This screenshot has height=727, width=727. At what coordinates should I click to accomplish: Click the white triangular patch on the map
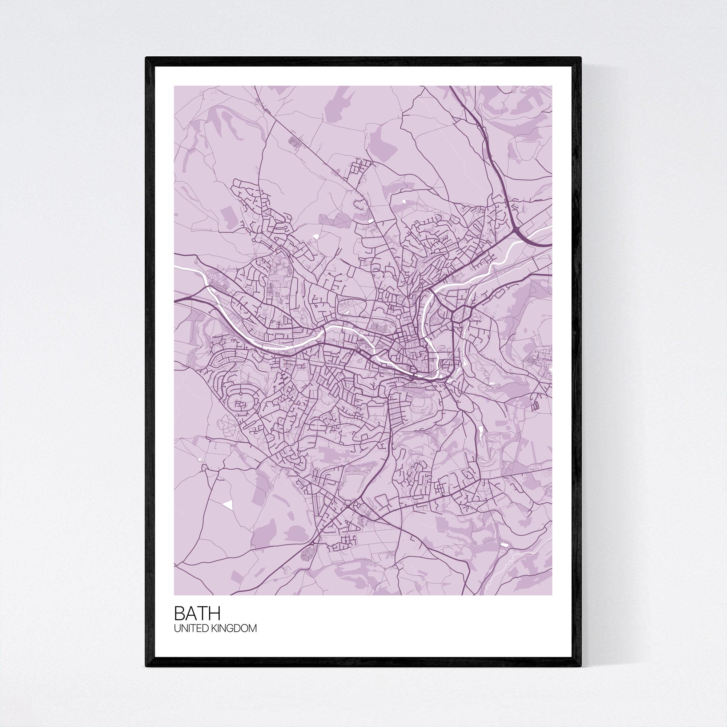coord(228,505)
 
